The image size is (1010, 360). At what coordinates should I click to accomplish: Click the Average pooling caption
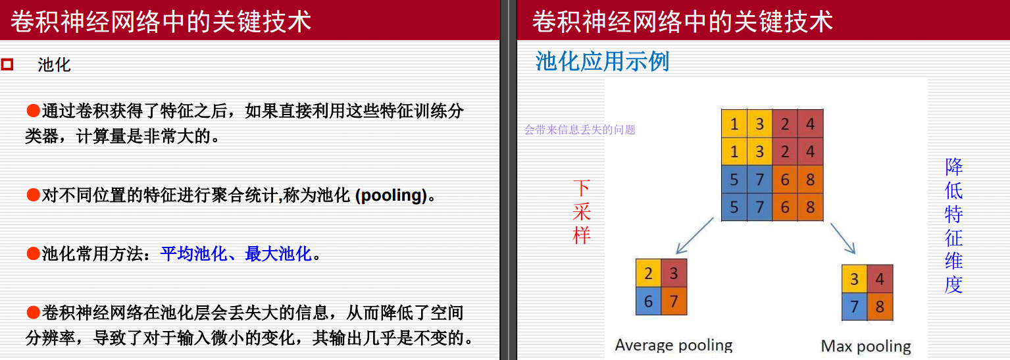coord(673,345)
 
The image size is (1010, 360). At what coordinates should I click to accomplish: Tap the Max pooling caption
coord(866,346)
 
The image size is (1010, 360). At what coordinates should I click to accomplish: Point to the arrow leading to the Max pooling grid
coord(843,238)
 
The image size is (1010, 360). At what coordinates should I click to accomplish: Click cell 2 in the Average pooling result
coord(649,273)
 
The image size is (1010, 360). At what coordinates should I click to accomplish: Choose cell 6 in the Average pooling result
coord(649,301)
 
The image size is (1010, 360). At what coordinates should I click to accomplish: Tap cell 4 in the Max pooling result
coord(880,279)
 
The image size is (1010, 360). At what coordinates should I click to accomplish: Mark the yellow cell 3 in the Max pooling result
coord(855,279)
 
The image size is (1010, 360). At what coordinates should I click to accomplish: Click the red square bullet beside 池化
coord(7,64)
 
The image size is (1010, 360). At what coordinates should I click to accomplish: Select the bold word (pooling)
coord(391,195)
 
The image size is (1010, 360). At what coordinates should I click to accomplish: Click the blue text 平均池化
coord(194,253)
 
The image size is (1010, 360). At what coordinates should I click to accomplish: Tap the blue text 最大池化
coord(278,253)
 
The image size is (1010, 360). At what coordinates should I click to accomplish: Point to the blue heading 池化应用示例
coord(602,61)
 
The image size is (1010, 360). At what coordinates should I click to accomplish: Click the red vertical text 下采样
coord(581,212)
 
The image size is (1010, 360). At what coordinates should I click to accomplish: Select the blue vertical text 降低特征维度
coord(953,226)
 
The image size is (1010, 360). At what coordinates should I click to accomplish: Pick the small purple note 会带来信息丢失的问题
coord(580,130)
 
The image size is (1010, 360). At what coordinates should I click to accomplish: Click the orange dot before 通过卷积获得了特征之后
coord(33,110)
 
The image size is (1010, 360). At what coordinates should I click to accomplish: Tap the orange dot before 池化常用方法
coord(33,253)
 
